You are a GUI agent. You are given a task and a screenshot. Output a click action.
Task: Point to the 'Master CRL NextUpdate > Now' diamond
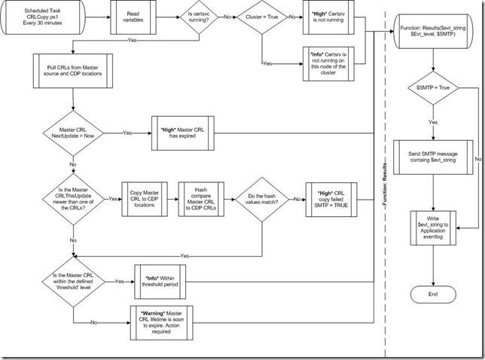click(x=72, y=133)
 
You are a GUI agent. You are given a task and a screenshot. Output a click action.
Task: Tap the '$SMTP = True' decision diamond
click(x=432, y=88)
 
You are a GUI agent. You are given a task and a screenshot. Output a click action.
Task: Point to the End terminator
click(x=432, y=294)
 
